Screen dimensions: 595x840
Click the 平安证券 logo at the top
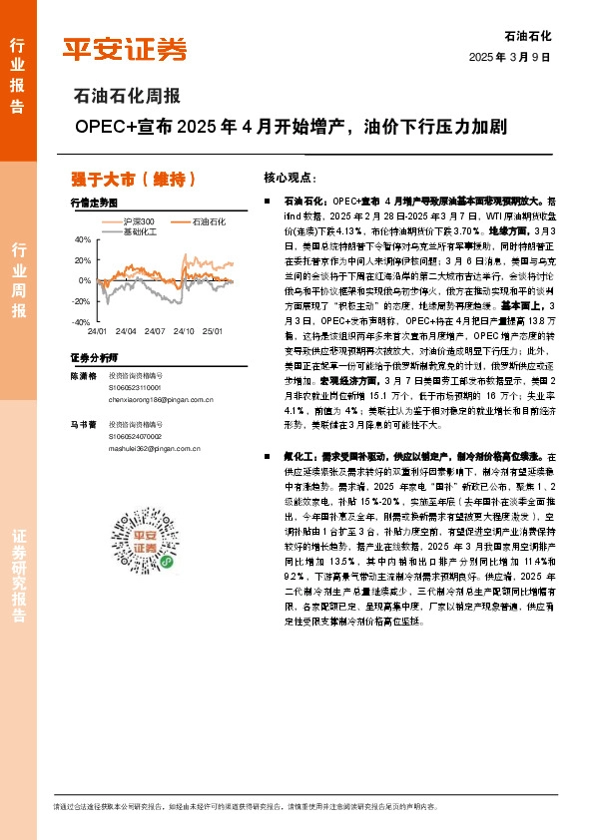(x=125, y=49)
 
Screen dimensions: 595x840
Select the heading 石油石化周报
(x=127, y=97)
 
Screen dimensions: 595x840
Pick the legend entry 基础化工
(x=141, y=230)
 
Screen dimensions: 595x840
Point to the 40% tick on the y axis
(x=82, y=239)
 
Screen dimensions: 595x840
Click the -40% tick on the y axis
(x=81, y=322)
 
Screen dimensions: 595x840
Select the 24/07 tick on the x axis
(x=155, y=330)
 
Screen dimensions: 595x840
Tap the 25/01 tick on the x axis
(x=212, y=330)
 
